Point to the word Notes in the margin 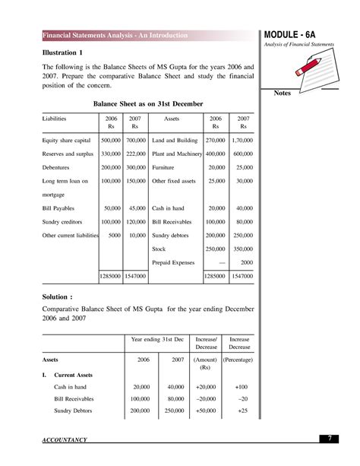point(281,94)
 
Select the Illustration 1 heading point(62,52)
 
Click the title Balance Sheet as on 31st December point(148,103)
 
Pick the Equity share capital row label point(67,141)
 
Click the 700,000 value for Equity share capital point(135,141)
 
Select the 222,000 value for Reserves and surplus point(135,154)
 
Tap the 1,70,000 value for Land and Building point(243,141)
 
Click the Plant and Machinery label point(177,154)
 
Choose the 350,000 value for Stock point(243,249)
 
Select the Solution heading point(60,297)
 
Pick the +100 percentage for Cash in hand point(242,387)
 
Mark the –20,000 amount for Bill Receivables point(206,398)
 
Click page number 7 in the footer point(331,439)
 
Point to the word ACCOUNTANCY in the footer point(65,440)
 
